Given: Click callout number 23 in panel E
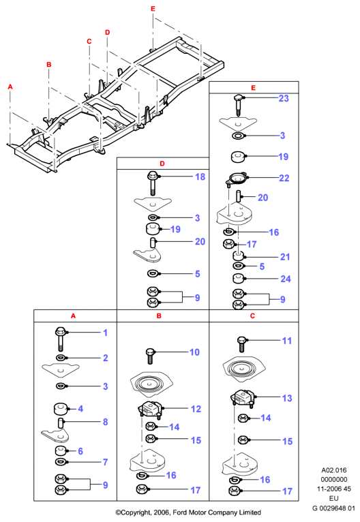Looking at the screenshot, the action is click(x=284, y=98).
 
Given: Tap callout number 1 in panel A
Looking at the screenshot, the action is click(x=105, y=333).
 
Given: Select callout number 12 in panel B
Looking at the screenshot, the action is click(x=196, y=409).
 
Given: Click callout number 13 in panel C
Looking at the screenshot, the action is click(x=287, y=398).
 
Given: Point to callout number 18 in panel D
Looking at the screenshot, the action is click(x=200, y=176).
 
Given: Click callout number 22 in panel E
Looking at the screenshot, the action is click(x=284, y=178).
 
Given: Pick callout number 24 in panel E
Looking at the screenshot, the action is click(x=286, y=279).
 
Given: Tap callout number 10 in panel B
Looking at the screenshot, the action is click(x=194, y=352).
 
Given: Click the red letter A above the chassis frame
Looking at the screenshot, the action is click(x=10, y=87).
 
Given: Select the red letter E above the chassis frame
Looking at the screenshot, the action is click(x=153, y=9).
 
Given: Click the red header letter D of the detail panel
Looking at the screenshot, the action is click(x=162, y=164).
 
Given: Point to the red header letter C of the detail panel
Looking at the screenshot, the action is click(x=252, y=316).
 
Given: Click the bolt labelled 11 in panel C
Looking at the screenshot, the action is click(x=241, y=344).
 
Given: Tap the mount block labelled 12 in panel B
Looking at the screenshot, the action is click(x=150, y=409).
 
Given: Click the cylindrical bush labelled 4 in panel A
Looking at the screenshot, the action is click(x=61, y=409).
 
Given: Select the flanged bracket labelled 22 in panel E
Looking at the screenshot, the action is click(x=237, y=179).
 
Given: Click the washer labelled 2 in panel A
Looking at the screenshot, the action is click(x=61, y=358).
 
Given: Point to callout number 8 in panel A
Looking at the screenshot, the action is click(x=105, y=422).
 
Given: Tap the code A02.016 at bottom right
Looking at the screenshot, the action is click(x=334, y=470).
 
